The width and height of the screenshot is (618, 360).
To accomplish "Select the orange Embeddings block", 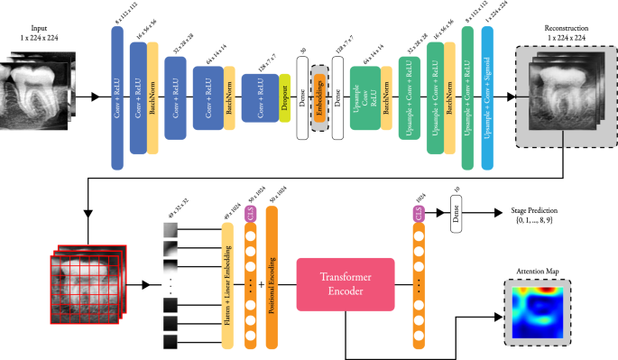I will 320,94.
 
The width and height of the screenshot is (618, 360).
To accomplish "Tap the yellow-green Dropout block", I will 284,94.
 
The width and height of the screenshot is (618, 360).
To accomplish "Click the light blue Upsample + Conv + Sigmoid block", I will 488,97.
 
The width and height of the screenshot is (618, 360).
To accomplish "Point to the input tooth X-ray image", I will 42,94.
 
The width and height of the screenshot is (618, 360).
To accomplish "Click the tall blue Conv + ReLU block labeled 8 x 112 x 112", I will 117,97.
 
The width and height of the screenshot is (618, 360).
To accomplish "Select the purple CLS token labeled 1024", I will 418,214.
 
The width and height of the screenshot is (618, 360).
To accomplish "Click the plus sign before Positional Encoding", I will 260,282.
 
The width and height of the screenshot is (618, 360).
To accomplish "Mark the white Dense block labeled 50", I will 303,94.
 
